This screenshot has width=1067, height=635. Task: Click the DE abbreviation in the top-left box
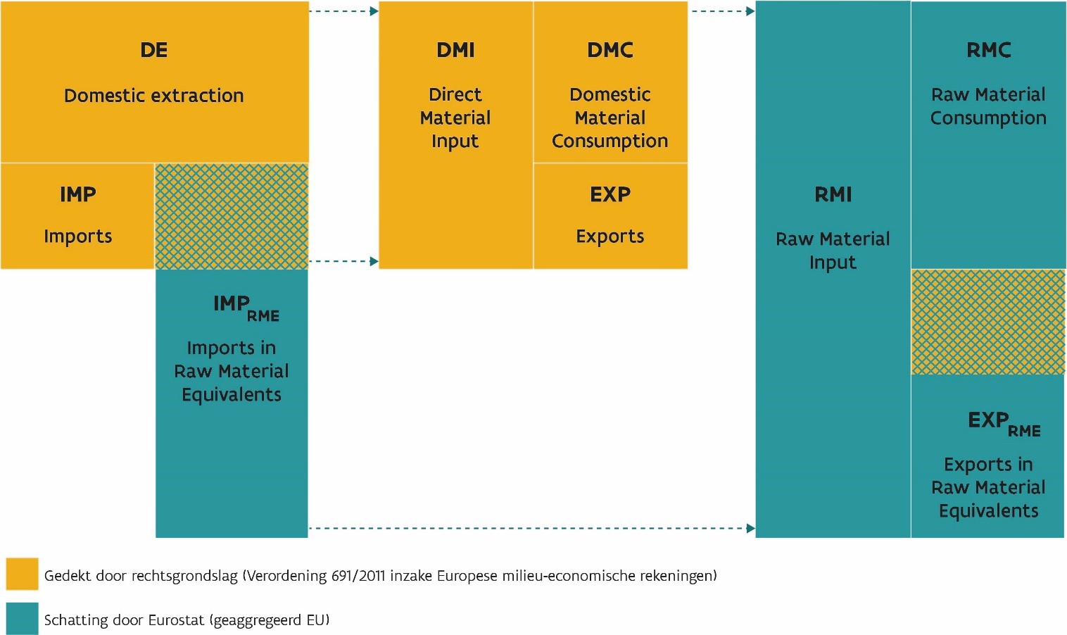point(154,50)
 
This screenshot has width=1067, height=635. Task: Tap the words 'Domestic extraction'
point(154,96)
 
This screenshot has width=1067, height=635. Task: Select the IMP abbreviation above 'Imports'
point(77,194)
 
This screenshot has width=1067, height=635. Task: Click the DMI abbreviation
point(455,50)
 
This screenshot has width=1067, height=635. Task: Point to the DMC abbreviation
point(610,50)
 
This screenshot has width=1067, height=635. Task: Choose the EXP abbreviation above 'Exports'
point(610,194)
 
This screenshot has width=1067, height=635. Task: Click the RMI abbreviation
point(833,194)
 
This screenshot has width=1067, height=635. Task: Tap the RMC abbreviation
point(988,50)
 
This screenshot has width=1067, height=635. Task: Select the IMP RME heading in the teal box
point(246,308)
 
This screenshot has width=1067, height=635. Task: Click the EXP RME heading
point(1004,424)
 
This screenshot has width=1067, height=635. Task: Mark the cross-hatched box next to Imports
point(232,216)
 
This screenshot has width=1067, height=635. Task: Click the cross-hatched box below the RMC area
point(988,322)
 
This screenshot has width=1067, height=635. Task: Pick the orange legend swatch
point(22,574)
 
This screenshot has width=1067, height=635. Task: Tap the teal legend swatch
point(22,618)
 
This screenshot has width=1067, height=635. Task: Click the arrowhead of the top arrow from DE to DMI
point(374,11)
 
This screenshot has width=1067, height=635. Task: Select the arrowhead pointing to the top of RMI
point(751,11)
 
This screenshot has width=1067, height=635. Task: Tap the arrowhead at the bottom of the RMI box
point(751,528)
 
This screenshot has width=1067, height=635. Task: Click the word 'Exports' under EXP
point(610,237)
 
